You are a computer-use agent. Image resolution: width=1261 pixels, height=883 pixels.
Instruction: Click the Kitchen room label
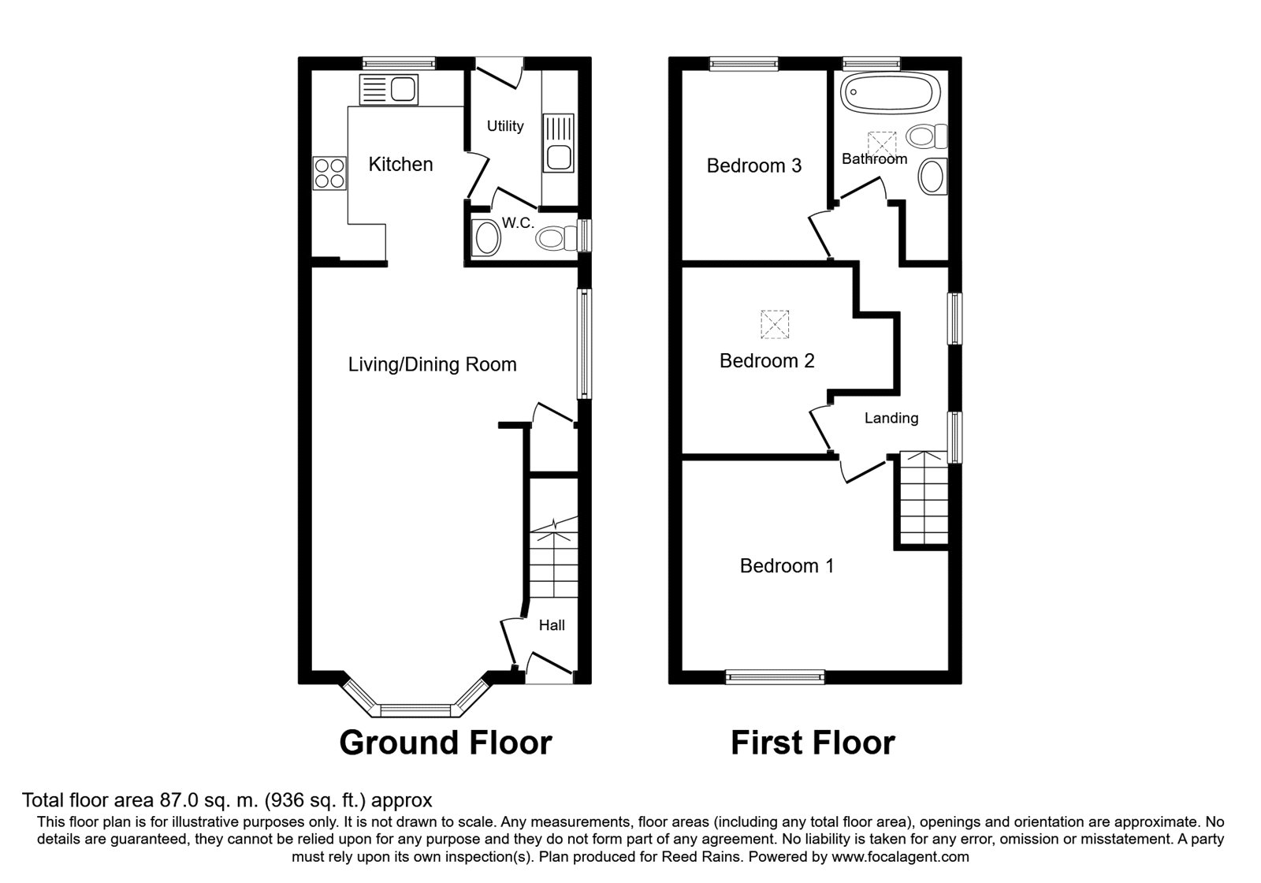click(x=400, y=165)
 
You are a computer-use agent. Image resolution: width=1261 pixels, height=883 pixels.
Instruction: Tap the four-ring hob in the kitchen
click(x=329, y=173)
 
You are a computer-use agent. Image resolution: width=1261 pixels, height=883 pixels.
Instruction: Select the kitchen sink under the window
click(x=389, y=90)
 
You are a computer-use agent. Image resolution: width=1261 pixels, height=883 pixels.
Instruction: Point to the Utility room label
click(x=505, y=126)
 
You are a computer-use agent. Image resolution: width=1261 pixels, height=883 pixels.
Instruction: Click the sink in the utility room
click(x=559, y=143)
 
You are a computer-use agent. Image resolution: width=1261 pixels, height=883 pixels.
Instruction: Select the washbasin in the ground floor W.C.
click(x=487, y=238)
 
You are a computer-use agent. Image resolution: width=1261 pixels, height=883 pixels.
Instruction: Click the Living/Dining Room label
click(x=433, y=364)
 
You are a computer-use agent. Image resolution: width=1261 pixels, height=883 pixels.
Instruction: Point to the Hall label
click(x=552, y=625)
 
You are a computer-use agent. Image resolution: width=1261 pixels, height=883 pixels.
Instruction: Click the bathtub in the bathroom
click(x=890, y=94)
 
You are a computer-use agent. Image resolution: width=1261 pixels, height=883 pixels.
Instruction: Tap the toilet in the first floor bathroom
click(x=927, y=136)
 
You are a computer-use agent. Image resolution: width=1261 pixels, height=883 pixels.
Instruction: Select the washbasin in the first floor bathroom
click(x=932, y=177)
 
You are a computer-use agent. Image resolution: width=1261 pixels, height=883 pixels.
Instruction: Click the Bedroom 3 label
click(x=753, y=166)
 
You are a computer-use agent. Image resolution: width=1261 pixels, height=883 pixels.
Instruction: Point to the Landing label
click(x=891, y=418)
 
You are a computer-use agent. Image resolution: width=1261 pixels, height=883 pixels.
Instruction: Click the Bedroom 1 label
click(x=787, y=565)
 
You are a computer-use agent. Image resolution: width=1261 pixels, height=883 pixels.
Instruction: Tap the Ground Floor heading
click(x=446, y=743)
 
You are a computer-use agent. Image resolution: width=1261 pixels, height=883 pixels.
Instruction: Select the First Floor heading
click(x=813, y=743)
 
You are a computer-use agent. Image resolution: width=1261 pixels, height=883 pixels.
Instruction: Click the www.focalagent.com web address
click(x=900, y=856)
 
